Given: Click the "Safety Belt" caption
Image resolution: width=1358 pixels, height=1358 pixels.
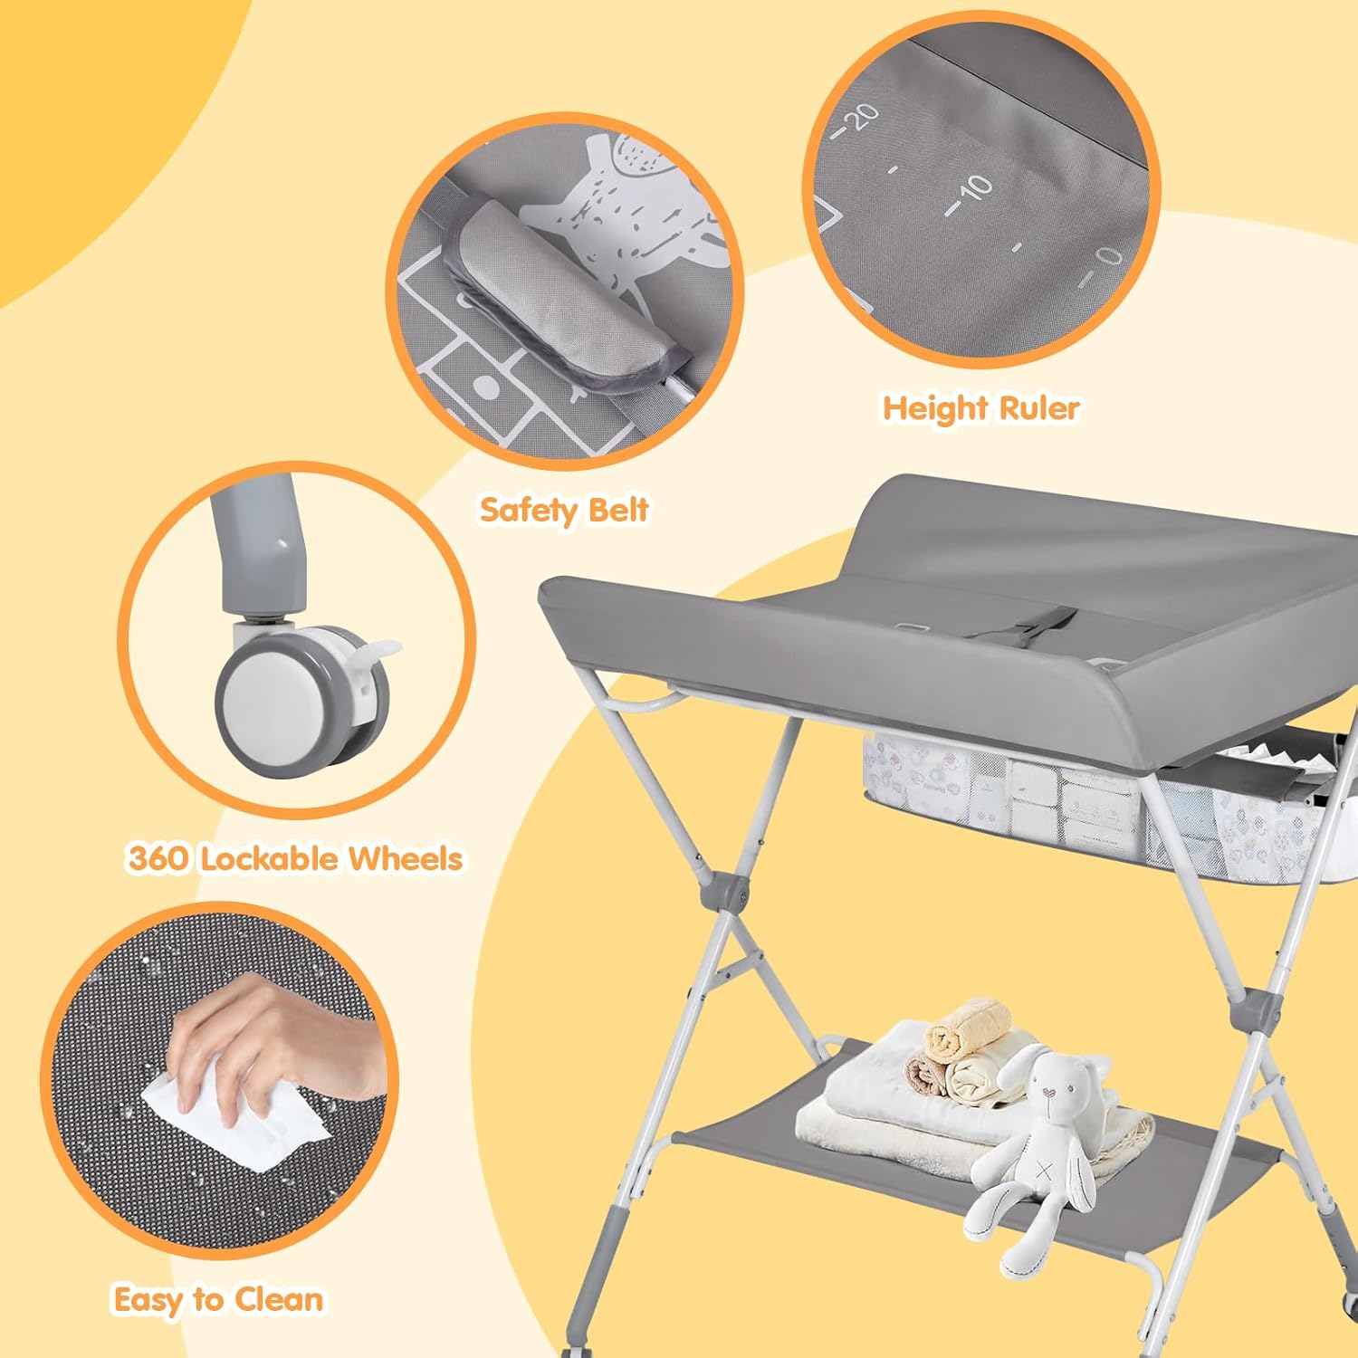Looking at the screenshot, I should [563, 509].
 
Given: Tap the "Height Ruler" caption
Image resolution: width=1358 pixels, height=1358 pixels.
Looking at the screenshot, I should [980, 407].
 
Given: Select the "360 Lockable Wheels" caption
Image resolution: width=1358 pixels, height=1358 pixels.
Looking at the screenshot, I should [295, 858].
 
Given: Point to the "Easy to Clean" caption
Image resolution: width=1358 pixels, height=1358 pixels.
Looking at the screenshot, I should [218, 1299].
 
